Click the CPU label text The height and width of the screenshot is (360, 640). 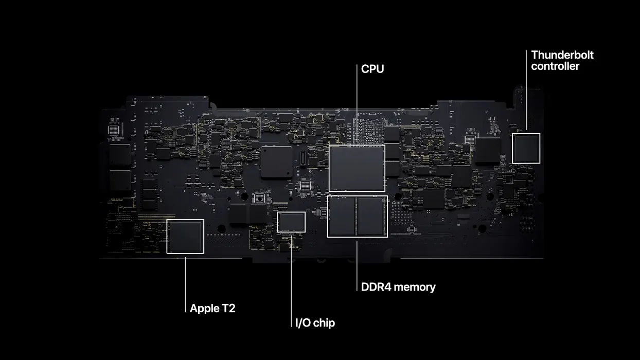372,69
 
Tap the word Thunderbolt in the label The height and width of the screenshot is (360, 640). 562,55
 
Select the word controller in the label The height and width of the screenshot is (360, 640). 555,66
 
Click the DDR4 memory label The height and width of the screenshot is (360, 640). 398,287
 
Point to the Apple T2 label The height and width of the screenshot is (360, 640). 212,308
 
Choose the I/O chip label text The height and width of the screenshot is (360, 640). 315,323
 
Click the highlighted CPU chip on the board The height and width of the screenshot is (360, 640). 357,168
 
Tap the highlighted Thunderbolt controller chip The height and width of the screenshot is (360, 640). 526,148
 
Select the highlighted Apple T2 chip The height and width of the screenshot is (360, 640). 185,236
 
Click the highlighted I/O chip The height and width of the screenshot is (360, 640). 291,222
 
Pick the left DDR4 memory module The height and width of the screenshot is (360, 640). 342,217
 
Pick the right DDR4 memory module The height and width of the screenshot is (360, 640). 371,217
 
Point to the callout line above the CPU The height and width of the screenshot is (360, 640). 357,104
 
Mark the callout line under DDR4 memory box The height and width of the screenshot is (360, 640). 357,266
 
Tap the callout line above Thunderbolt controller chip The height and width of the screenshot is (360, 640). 526,91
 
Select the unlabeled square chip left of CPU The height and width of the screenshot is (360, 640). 277,162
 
